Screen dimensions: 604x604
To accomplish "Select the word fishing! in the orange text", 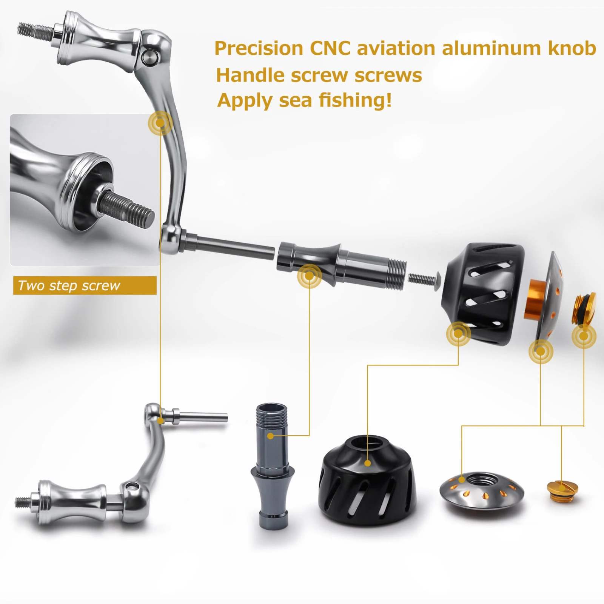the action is [x=355, y=101].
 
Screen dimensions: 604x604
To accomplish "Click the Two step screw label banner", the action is [x=85, y=285].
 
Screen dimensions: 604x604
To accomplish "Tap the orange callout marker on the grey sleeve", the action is [x=309, y=276].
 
